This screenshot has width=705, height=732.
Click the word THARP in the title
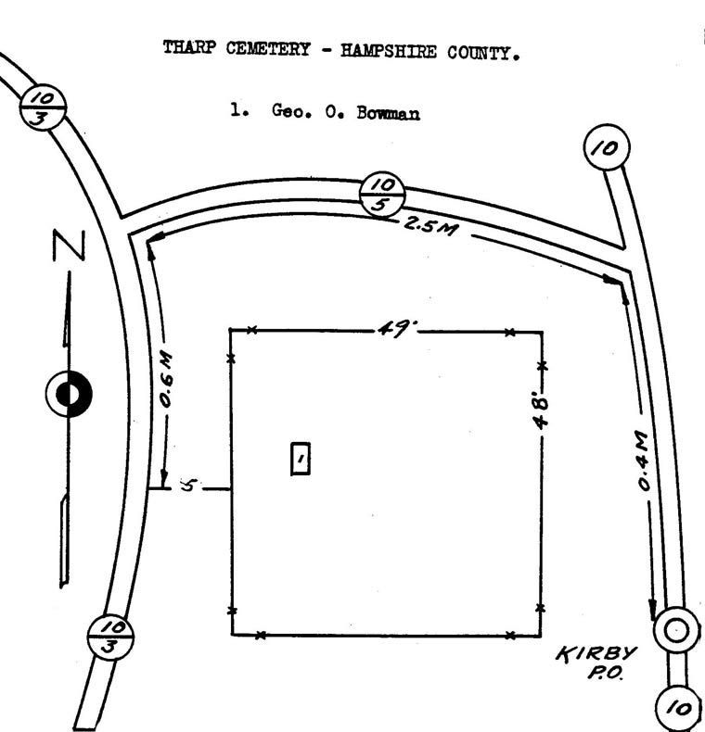point(189,47)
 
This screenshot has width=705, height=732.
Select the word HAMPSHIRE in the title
point(388,50)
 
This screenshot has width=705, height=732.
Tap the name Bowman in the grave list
point(388,113)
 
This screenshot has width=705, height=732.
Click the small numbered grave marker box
point(301,459)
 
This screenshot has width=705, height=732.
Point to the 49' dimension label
point(397,329)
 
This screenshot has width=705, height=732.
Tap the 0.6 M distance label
point(166,380)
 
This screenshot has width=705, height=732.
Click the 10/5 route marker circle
point(382,195)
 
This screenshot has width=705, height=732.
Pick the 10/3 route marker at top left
point(43,107)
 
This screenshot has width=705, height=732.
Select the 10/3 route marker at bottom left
point(110,636)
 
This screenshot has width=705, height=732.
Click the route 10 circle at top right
point(607,147)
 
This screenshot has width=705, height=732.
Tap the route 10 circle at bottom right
point(679,708)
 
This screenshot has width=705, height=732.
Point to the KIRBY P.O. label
point(597,663)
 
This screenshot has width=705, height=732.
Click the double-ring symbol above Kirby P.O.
point(676,630)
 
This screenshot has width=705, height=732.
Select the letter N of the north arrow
point(70,246)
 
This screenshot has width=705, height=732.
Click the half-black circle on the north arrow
point(70,394)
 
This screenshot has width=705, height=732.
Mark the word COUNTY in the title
point(483,53)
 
